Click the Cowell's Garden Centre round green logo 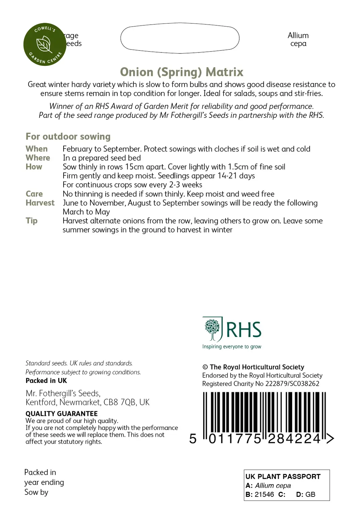[45, 44]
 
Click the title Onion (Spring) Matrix [182, 72]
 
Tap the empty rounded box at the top [180, 38]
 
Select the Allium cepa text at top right [298, 40]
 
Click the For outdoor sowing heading [68, 136]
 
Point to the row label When [37, 149]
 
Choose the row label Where [38, 158]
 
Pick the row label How [34, 167]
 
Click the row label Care [34, 194]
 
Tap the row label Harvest [40, 203]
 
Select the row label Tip [32, 221]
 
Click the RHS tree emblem [212, 329]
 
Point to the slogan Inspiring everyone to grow [232, 347]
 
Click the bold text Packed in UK [46, 381]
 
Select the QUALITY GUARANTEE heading [62, 414]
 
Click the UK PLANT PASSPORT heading [283, 476]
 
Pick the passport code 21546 [264, 494]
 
